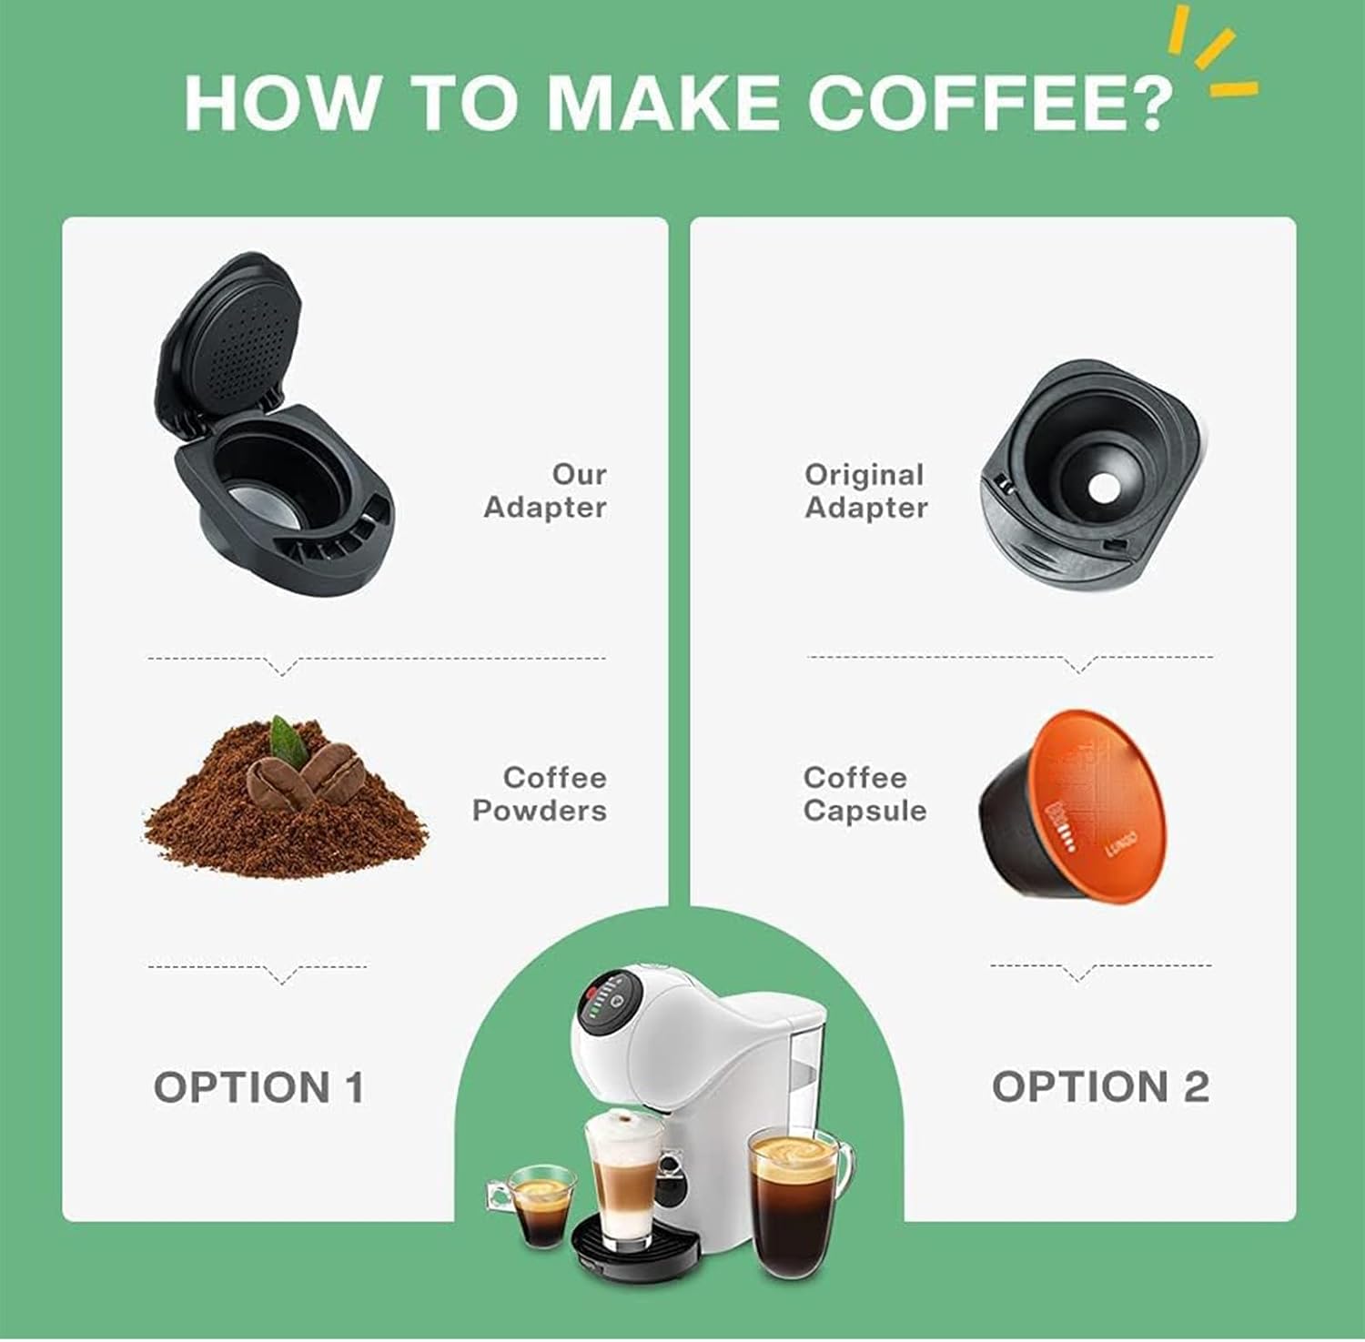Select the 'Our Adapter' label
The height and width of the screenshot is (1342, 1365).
tap(545, 490)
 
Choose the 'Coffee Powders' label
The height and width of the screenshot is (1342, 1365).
tap(540, 793)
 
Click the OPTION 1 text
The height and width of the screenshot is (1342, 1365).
tap(258, 1087)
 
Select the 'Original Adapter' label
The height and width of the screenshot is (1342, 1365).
tap(865, 490)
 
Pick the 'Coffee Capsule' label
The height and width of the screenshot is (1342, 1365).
tap(864, 793)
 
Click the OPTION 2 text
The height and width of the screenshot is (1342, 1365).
tap(1100, 1087)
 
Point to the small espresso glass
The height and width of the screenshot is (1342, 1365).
tap(538, 1206)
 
